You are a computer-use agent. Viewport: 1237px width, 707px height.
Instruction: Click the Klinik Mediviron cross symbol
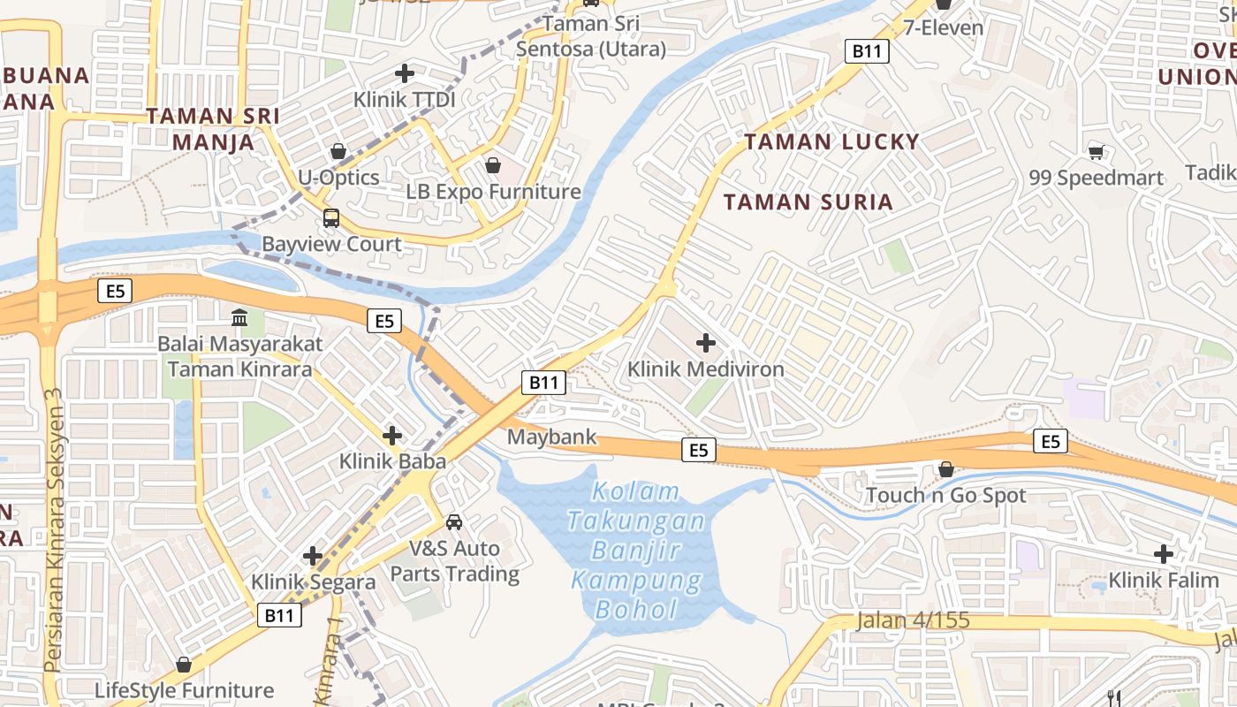[706, 342]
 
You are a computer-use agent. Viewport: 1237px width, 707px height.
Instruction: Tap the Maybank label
[551, 437]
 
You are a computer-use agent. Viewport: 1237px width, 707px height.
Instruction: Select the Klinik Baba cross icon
[392, 435]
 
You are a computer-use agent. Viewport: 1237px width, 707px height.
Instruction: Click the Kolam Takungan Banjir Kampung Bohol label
[636, 550]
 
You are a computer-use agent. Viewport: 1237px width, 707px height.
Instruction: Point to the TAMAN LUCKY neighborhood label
[831, 141]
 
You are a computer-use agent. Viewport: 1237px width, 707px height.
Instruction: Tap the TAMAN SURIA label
[808, 201]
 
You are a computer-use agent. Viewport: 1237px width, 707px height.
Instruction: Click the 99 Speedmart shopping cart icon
[1096, 152]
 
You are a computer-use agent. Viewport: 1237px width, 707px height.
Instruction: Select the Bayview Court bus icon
[331, 217]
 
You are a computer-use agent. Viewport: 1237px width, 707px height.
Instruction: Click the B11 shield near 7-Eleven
[867, 51]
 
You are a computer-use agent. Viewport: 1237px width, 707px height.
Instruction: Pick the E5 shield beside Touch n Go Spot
[1050, 440]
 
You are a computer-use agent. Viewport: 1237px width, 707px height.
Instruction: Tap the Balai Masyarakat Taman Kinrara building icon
[239, 317]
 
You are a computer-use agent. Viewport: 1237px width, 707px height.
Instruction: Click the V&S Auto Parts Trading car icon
[454, 522]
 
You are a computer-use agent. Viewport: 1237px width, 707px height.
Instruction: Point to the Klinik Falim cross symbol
[1164, 554]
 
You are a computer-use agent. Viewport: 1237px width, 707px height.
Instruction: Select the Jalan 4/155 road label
[913, 620]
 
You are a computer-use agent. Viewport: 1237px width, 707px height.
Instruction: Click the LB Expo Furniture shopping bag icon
[493, 165]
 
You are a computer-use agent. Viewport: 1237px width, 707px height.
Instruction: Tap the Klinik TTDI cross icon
[405, 73]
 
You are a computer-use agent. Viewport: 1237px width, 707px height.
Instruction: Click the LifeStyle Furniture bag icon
[184, 664]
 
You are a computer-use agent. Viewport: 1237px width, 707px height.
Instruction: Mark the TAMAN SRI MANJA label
[213, 128]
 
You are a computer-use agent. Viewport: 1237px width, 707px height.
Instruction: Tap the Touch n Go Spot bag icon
[946, 468]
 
